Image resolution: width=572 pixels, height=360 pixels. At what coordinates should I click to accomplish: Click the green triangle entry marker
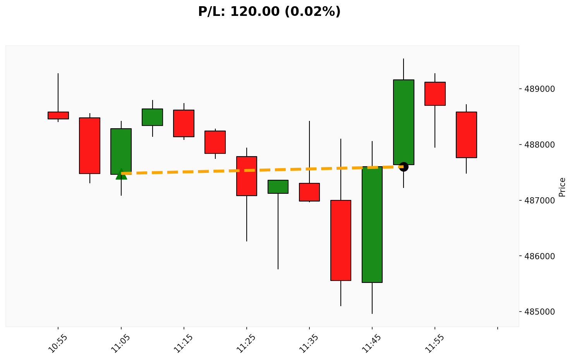[121, 174]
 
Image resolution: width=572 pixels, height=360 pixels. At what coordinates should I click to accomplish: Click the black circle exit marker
[404, 167]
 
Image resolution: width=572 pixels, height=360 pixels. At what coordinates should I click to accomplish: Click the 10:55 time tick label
[58, 343]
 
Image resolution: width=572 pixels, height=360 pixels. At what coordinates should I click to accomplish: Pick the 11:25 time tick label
[246, 343]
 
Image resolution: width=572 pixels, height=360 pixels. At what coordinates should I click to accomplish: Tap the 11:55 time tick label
[435, 343]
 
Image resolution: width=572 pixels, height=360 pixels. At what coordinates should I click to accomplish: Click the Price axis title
[562, 187]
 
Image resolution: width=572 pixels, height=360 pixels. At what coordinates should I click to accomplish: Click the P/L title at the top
[269, 12]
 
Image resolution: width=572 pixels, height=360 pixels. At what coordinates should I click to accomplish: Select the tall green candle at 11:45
[372, 224]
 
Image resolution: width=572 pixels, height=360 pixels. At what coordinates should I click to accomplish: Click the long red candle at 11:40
[341, 240]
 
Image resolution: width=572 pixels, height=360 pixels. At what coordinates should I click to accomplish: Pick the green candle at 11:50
[404, 122]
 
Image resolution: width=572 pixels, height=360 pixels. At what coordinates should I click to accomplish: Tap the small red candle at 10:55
[58, 115]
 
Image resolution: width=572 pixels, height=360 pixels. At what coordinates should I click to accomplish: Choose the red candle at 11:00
[90, 146]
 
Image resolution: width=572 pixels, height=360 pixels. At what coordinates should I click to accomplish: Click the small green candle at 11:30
[278, 187]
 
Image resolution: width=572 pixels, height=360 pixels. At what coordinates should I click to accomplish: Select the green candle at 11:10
[152, 117]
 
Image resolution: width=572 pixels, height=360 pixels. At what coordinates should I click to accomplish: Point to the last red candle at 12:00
[466, 135]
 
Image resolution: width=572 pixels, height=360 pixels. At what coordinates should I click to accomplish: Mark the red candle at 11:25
[247, 176]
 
